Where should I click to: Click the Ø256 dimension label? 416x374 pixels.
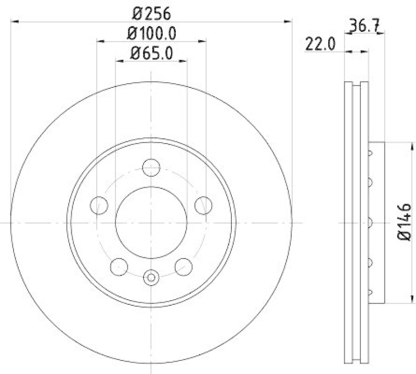pos(151,12)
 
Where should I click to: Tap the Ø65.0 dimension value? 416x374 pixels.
pos(151,53)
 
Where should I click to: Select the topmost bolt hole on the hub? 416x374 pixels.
pos(151,167)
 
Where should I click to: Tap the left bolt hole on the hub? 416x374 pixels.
pos(98,205)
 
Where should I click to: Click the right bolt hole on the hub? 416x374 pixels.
pos(203,205)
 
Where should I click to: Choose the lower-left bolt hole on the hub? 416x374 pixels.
pos(119,267)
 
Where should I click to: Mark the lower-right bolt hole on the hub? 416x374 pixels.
pos(183,267)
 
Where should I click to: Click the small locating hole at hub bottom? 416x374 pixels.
pos(151,277)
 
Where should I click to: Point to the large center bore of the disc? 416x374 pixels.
pos(151,222)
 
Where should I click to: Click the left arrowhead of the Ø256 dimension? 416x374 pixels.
pos(15,21)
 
